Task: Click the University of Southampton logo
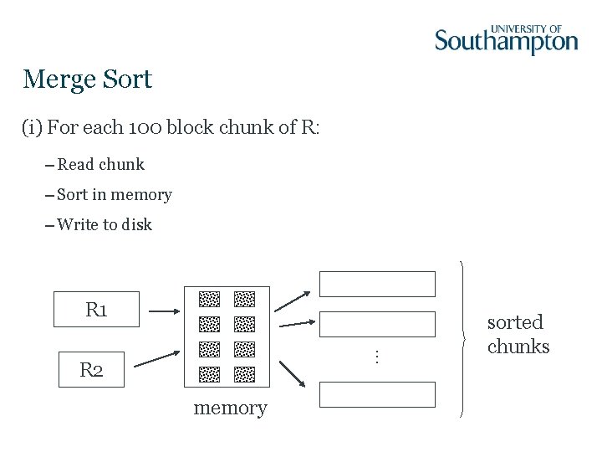tap(506, 39)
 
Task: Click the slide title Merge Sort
tap(88, 80)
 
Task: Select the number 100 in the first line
tap(145, 128)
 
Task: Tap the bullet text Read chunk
tap(100, 164)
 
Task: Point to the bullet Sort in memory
tap(114, 195)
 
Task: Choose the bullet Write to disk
tap(105, 224)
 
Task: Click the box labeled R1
tap(96, 310)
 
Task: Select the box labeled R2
tap(91, 369)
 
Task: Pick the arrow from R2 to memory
tap(157, 357)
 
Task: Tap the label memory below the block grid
tap(230, 408)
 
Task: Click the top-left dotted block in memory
tap(209, 299)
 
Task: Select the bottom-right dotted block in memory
tap(244, 374)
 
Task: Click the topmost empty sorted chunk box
tap(378, 284)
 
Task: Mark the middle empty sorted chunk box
tap(378, 324)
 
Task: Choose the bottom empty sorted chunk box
tap(378, 394)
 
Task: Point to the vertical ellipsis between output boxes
tap(377, 356)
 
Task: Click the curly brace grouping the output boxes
tap(462, 339)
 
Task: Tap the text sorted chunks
tap(518, 334)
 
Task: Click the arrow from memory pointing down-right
tap(291, 373)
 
